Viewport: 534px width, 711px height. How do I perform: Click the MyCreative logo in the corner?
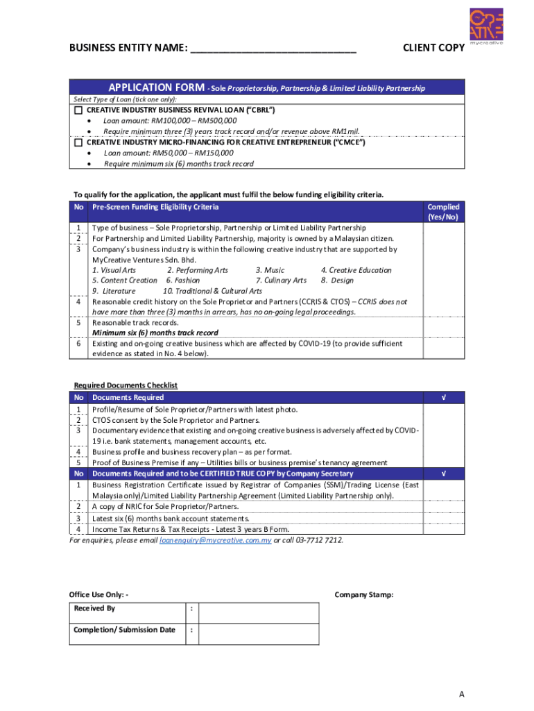click(x=485, y=26)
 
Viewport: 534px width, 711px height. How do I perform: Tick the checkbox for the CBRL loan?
click(x=78, y=110)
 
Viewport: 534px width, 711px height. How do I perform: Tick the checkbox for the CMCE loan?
click(x=78, y=142)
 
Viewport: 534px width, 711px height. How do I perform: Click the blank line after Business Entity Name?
click(x=273, y=48)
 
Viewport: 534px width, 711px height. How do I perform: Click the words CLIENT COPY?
click(x=433, y=48)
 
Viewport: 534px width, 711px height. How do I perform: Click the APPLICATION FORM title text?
click(x=155, y=87)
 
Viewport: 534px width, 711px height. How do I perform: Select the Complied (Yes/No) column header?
click(x=443, y=212)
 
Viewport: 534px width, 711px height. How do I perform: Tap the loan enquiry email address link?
click(x=215, y=539)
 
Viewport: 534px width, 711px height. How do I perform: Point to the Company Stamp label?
click(x=364, y=594)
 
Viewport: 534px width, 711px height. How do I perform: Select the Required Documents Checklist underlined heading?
click(x=126, y=385)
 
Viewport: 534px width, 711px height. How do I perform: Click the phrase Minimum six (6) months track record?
click(x=155, y=333)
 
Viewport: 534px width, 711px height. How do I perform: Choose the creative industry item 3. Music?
click(x=270, y=270)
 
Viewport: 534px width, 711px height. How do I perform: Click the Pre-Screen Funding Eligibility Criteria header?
click(x=155, y=207)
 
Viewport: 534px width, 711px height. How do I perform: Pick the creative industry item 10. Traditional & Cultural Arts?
click(x=212, y=291)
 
